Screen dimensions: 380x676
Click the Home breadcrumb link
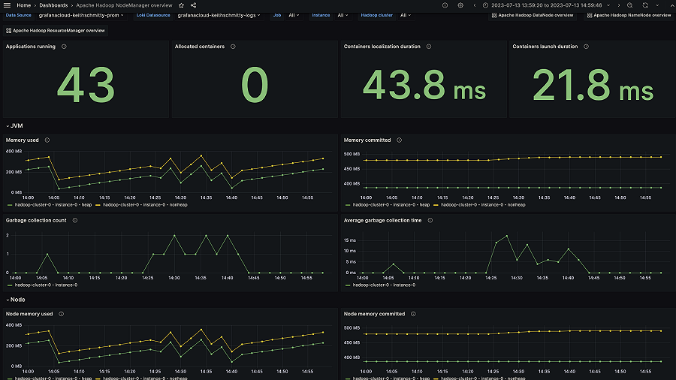point(23,5)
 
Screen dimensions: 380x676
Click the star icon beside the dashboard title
point(181,5)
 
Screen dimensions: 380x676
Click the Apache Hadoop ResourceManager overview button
point(56,31)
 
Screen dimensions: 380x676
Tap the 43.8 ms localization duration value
point(424,86)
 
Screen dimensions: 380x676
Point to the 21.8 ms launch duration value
point(593,86)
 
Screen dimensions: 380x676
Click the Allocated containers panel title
point(199,47)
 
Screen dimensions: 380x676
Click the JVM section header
point(16,125)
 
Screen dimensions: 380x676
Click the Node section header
point(17,299)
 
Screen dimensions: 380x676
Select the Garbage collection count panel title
point(37,221)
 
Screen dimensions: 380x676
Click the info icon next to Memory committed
point(399,140)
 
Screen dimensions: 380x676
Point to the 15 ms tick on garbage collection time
point(350,240)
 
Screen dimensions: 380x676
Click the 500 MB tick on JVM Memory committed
point(352,154)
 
